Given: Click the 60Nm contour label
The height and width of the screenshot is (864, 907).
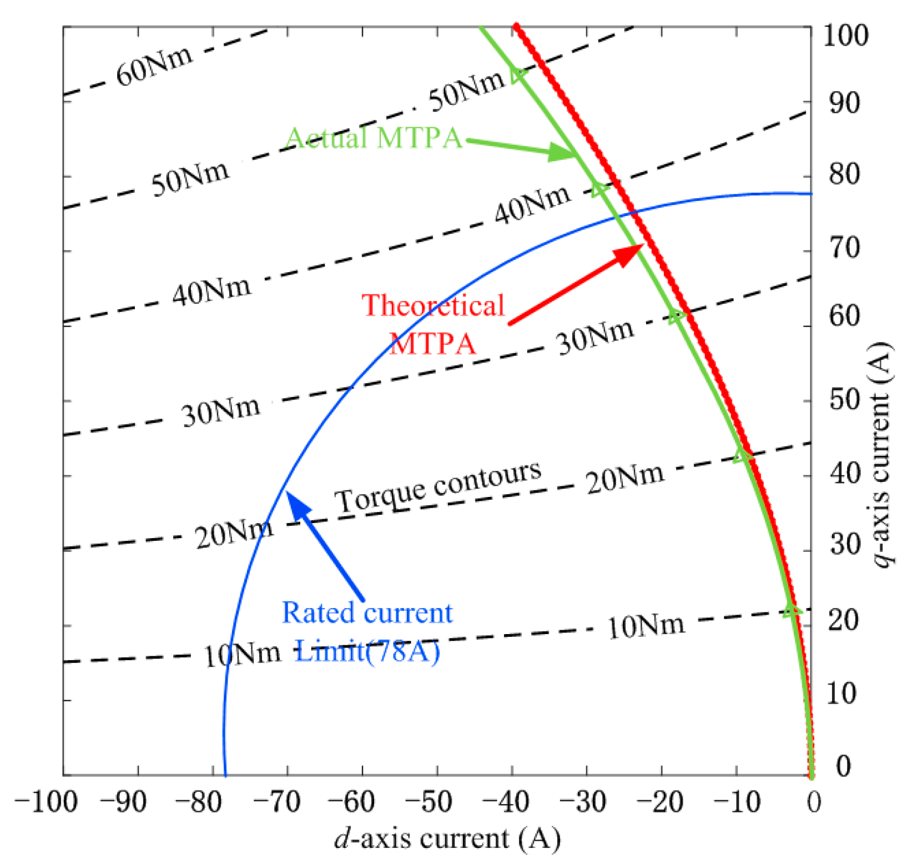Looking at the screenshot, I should (154, 66).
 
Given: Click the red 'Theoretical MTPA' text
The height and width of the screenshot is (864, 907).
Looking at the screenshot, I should (433, 324).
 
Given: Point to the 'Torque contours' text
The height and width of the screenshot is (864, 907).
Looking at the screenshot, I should (438, 486).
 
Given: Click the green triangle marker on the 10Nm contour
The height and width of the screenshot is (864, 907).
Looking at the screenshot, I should (792, 610).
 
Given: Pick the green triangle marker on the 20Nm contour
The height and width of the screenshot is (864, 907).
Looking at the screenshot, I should (743, 456).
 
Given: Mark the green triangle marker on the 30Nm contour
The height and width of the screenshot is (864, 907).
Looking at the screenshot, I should (676, 317).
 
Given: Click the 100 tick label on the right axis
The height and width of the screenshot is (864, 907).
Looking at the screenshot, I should (844, 36).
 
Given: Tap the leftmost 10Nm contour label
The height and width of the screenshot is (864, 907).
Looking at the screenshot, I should (242, 655).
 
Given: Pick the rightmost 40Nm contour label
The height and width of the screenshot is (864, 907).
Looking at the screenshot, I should (532, 203).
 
